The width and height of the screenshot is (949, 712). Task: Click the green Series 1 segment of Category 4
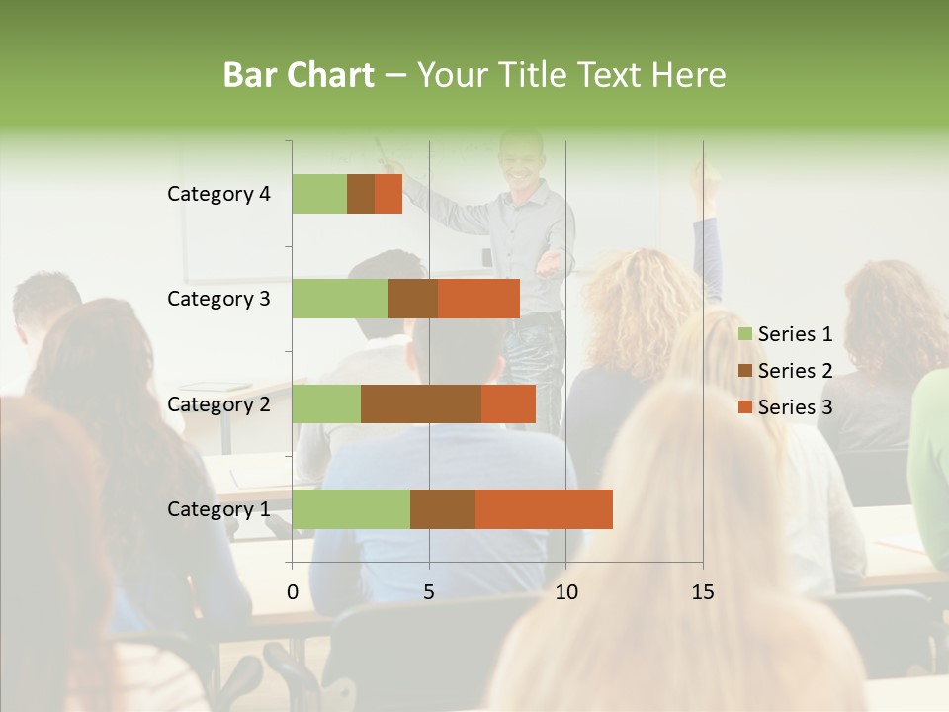pos(319,194)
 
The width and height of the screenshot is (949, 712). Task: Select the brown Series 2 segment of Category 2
pos(421,403)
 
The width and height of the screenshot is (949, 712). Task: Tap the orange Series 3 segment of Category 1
pos(544,508)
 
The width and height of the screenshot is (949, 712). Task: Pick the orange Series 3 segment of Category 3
pos(478,299)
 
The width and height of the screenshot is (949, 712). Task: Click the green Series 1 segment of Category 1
pos(351,508)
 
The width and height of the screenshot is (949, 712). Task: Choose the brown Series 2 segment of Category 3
pos(413,299)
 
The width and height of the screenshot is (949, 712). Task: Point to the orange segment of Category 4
pos(388,194)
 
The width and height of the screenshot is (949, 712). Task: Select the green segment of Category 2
pos(326,403)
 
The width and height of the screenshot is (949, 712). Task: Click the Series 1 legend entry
pos(785,334)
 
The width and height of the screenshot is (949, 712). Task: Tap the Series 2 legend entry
pos(785,371)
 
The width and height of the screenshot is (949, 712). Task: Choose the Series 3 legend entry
pos(785,407)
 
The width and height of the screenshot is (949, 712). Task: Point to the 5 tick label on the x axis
pos(429,592)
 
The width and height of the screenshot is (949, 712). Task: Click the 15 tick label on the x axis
pos(702,592)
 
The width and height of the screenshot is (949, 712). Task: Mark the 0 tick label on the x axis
pos(293,592)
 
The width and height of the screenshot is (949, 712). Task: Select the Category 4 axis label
pos(218,194)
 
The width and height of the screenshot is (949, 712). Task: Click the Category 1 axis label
pos(218,509)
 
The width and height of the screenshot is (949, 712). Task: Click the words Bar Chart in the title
pos(299,75)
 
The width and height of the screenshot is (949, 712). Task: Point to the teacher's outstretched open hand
pos(552,263)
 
